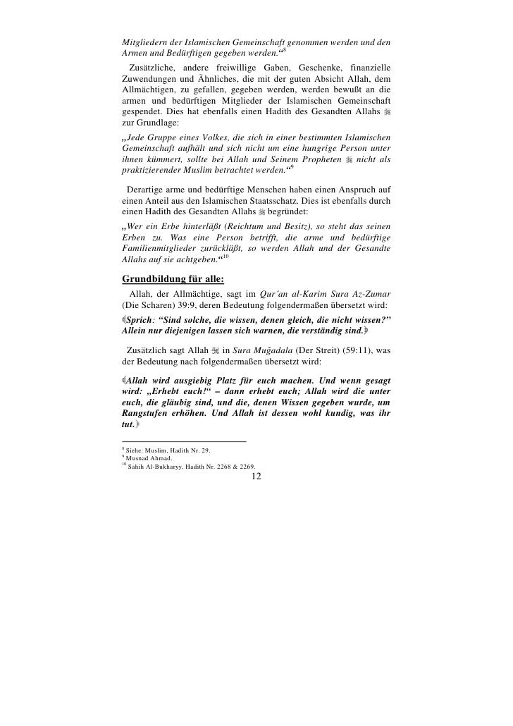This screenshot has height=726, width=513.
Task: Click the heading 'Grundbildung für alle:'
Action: coord(173,276)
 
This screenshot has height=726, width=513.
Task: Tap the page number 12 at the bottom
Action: coord(256,477)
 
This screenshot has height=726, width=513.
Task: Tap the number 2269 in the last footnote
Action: coord(245,466)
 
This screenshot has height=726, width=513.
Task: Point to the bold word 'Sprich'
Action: coord(141,319)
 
